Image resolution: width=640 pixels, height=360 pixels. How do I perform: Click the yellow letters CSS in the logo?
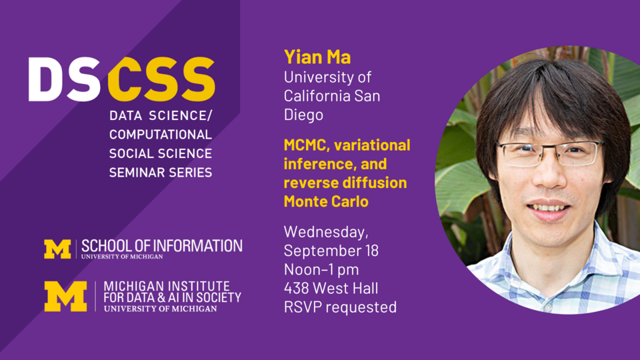[161, 79]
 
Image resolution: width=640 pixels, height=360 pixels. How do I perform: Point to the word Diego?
[303, 114]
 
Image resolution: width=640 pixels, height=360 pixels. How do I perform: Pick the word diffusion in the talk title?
[374, 182]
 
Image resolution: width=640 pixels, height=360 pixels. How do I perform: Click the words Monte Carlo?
[326, 201]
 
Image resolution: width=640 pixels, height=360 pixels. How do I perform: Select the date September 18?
[331, 251]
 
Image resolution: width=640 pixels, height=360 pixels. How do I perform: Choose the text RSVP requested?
[340, 307]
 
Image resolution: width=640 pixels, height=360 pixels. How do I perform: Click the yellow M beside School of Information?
[57, 249]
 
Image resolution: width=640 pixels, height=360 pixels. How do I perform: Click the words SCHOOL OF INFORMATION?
[162, 245]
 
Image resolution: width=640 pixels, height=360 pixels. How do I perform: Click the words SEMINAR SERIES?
[161, 172]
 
